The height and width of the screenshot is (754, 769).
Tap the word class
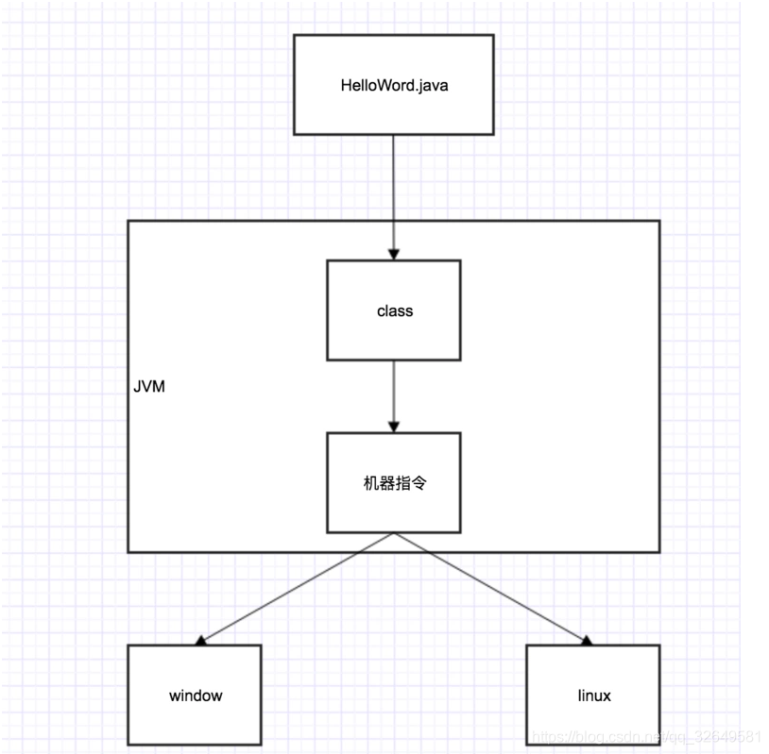tap(394, 310)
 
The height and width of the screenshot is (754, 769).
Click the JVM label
tap(149, 387)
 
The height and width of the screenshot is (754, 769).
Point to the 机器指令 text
tap(394, 481)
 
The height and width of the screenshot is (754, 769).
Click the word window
tap(196, 695)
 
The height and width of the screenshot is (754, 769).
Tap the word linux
tap(594, 695)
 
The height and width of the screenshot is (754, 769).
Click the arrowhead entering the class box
tap(394, 253)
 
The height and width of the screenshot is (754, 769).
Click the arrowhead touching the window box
tap(201, 641)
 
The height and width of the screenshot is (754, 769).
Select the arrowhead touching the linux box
tap(586, 641)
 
